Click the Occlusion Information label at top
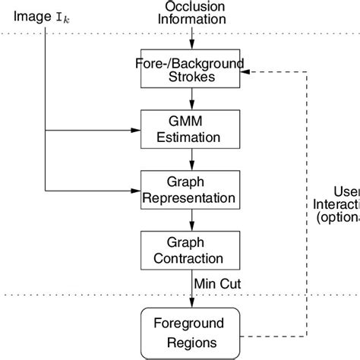(x=191, y=12)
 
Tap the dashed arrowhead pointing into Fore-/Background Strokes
(x=251, y=71)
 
